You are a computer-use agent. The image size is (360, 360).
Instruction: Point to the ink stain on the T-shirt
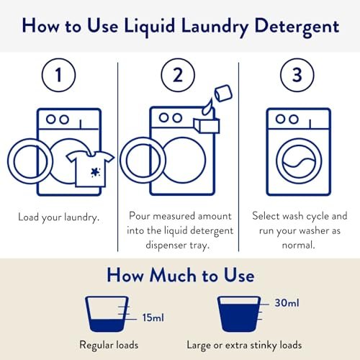96,172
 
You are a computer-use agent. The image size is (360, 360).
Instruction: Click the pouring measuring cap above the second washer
223,93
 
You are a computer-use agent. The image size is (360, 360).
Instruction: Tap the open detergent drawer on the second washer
207,125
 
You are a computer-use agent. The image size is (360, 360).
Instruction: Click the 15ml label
153,318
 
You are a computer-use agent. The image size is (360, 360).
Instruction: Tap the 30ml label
287,302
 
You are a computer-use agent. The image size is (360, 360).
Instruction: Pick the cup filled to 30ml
239,314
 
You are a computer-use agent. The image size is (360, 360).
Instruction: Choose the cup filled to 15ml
107,314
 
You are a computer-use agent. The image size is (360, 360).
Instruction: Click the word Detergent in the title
297,27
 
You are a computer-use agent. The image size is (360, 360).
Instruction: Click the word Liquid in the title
150,27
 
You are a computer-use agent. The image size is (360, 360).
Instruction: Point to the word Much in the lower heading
173,275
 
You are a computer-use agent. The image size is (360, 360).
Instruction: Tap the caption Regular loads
109,345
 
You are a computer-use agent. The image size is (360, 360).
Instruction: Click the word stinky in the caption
264,345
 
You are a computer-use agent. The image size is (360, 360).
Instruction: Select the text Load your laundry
59,217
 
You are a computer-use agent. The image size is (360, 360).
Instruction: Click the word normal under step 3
298,245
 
